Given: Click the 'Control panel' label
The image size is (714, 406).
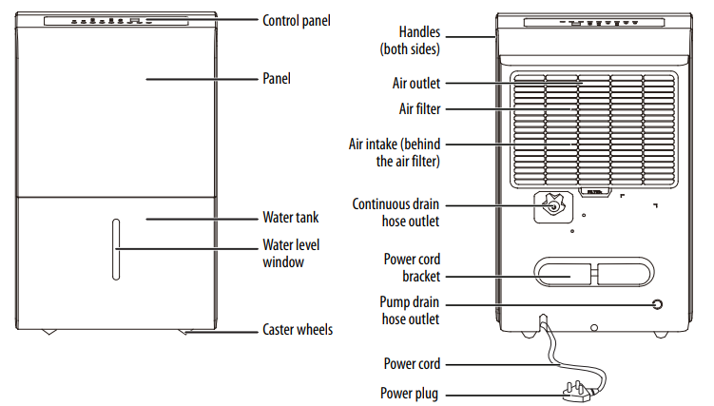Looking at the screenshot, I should (297, 19).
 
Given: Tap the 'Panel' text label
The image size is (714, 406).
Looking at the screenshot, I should (276, 79).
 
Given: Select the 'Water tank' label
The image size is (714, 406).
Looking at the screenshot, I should (291, 218).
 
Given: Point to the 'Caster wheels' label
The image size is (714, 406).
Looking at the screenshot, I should (297, 330).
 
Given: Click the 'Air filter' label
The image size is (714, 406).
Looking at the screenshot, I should (418, 109).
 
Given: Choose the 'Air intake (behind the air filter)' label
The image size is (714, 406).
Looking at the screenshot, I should (397, 152).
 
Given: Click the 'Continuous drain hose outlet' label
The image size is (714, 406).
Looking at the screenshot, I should (396, 213).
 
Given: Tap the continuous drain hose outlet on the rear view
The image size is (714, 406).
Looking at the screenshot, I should (550, 204).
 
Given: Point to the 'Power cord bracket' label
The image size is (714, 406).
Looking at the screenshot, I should (412, 266).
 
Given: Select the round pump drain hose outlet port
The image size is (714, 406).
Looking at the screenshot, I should (656, 305).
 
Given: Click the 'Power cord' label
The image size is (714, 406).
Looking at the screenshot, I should (412, 363).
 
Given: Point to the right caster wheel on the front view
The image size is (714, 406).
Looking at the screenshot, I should (184, 333).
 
